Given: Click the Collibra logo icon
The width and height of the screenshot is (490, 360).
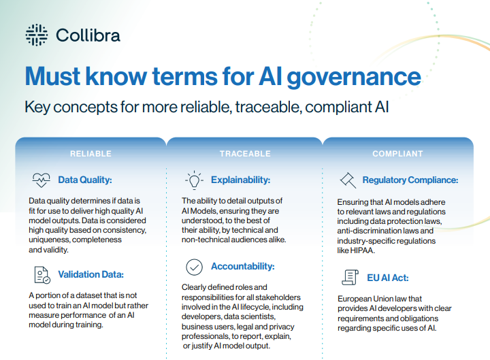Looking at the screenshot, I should click(x=35, y=33).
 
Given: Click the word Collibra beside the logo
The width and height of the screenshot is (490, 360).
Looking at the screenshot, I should click(x=88, y=34).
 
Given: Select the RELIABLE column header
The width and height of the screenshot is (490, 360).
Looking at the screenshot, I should click(x=91, y=154).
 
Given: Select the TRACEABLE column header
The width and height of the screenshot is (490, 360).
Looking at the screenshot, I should click(x=244, y=154).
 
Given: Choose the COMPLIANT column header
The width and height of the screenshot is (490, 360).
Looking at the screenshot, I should click(x=397, y=154).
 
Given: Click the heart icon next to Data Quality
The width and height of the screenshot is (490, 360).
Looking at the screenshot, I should click(x=41, y=180).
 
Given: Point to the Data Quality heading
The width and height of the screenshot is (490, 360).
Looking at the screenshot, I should click(x=84, y=180).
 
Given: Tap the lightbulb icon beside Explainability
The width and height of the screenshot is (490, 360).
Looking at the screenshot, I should click(x=194, y=180).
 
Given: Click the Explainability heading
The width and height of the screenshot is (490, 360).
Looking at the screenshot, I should click(x=240, y=180).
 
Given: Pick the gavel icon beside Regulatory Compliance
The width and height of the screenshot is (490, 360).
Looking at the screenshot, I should click(x=348, y=180).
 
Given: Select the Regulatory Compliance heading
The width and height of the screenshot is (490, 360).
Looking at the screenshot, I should click(x=410, y=180).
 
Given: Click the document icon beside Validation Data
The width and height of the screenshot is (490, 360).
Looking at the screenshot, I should click(x=41, y=275).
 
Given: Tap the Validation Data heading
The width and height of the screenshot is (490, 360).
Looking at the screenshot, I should click(x=91, y=275).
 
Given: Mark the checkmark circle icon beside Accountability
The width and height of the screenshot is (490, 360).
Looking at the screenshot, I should click(x=194, y=266).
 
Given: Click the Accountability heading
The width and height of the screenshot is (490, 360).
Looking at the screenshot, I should click(x=242, y=266).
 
